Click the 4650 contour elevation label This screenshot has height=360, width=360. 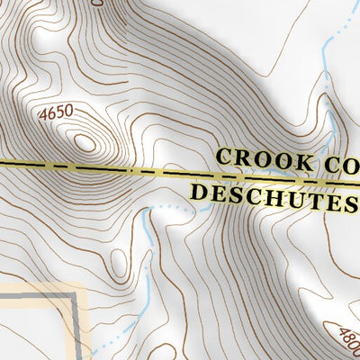click(55, 115)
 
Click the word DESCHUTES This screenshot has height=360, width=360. click(270, 193)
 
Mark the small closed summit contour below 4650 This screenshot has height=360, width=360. click(85, 142)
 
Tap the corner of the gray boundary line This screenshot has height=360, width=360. click(71, 294)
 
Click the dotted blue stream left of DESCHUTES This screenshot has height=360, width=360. click(166, 209)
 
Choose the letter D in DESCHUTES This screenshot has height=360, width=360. click(200, 193)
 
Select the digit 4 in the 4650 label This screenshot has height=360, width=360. click(42, 115)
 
